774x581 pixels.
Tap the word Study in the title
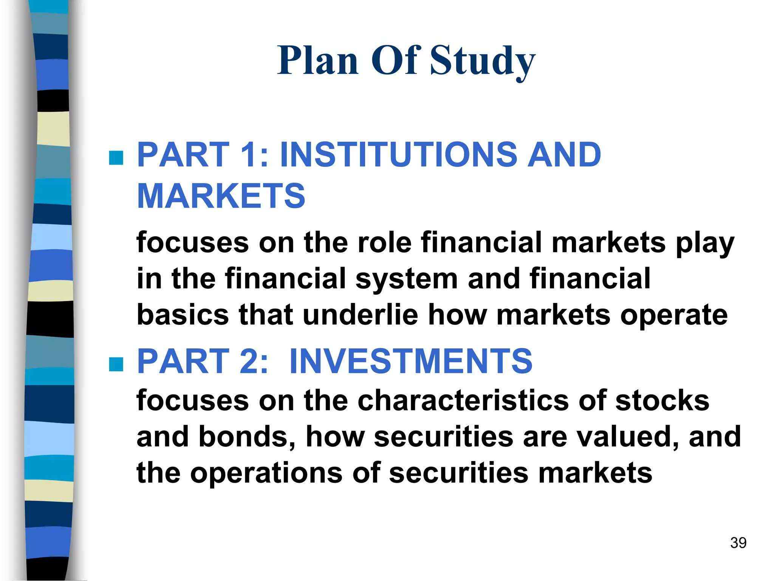[x=483, y=61]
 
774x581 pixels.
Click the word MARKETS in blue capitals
[x=221, y=196]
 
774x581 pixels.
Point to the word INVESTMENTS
[x=411, y=361]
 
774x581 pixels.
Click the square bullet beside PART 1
[x=116, y=158]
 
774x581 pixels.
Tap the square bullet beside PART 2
[x=116, y=364]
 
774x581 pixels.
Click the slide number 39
[x=738, y=543]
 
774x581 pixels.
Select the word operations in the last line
[x=266, y=473]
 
